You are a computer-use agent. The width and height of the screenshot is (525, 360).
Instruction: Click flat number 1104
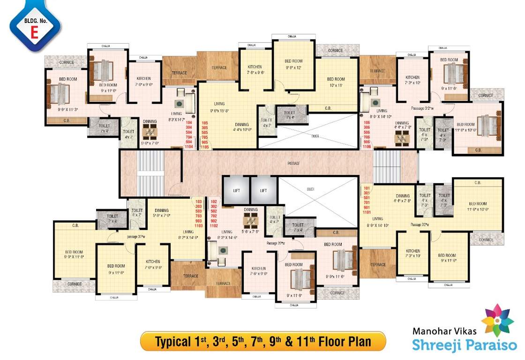pos(189,146)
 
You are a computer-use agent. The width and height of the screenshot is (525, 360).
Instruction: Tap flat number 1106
pos(367,146)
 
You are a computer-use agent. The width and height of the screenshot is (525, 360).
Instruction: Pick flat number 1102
pos(214,225)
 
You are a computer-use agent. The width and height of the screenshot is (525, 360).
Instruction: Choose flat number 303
pos(198,207)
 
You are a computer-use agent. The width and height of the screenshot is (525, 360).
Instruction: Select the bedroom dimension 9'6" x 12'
pos(293,67)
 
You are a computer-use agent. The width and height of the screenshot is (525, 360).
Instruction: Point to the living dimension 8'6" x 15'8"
pos(219,111)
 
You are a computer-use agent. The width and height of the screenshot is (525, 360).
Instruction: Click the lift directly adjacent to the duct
pos(263,191)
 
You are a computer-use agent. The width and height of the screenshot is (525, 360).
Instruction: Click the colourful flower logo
pos(497,320)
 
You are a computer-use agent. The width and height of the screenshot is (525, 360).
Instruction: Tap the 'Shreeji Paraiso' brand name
pos(464,345)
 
